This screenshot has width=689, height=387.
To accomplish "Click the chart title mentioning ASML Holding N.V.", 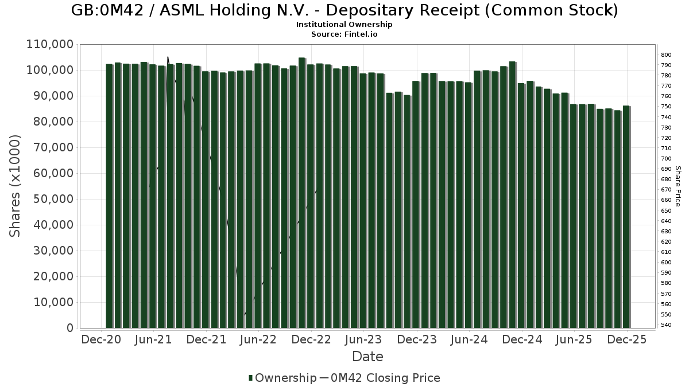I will (x=344, y=10).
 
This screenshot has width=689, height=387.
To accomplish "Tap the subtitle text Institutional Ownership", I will (x=344, y=25).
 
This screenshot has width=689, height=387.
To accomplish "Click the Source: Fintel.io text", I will (x=344, y=34).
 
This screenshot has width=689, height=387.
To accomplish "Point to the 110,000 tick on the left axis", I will (x=51, y=44).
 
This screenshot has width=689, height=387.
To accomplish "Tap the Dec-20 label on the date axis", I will (x=101, y=339).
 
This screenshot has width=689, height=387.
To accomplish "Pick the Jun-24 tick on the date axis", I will (x=469, y=339).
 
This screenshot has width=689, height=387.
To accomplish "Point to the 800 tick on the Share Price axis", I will (x=666, y=55).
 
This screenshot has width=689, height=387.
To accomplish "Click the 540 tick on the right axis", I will (x=666, y=325).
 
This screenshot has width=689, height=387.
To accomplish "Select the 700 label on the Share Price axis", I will (x=666, y=159).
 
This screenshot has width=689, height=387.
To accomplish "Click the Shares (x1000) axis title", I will (x=16, y=186).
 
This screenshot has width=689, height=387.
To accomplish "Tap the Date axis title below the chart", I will (x=367, y=357).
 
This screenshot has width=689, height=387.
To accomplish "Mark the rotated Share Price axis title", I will (x=678, y=186).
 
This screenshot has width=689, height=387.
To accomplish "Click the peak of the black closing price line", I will (x=168, y=57).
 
